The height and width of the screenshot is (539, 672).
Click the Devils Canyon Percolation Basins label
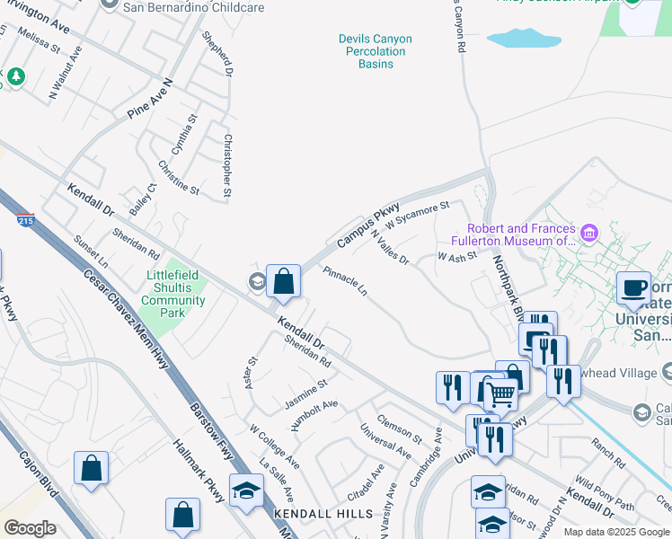point(375,51)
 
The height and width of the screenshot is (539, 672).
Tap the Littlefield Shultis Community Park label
point(173,294)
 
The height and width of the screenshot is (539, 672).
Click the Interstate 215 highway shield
point(25,218)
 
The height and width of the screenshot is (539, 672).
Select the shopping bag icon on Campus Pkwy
point(284,281)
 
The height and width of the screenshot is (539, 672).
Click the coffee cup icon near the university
point(633,287)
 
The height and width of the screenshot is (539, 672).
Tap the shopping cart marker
point(500,393)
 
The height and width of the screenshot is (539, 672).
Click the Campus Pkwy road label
point(367,225)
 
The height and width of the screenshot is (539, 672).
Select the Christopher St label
point(228,165)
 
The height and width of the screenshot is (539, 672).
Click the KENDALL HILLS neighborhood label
point(323,514)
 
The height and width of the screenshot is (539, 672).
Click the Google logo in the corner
point(30,528)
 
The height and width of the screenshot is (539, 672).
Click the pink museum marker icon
point(589,234)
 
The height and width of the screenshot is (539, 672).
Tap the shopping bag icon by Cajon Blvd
point(91,469)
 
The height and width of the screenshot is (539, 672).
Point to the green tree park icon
point(15,78)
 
